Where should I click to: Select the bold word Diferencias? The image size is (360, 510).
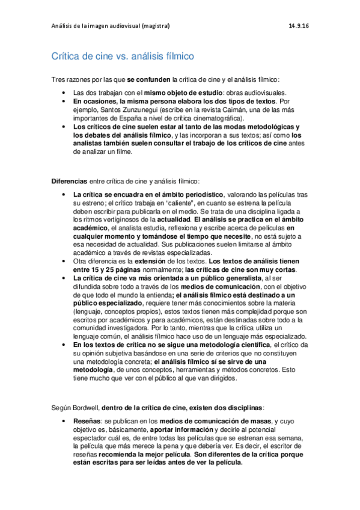tap(69, 180)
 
